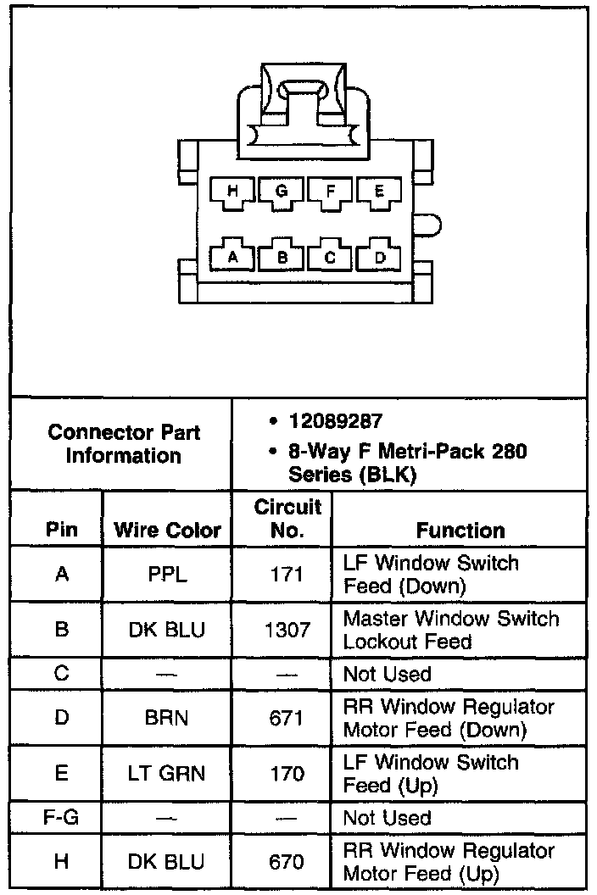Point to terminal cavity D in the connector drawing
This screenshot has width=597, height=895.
(379, 256)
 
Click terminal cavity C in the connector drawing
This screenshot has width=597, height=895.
(331, 256)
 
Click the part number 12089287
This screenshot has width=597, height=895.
(335, 421)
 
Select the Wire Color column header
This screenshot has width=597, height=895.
(167, 531)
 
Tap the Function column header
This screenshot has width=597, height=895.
(460, 531)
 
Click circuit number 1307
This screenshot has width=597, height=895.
(287, 630)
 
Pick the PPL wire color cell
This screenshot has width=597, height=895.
(167, 575)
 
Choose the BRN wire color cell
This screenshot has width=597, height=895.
(167, 718)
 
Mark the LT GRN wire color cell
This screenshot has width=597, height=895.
(167, 774)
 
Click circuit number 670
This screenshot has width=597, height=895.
(287, 861)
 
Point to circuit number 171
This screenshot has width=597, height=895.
(287, 575)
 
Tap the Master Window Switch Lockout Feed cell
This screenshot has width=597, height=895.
(450, 630)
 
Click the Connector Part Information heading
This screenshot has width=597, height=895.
(124, 443)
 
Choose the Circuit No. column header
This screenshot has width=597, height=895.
(287, 519)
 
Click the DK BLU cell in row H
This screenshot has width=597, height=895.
(167, 861)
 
